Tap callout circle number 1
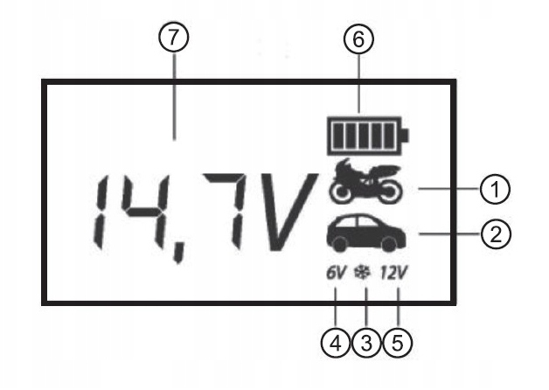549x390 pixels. click(494, 187)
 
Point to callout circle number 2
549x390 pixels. click(495, 233)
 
